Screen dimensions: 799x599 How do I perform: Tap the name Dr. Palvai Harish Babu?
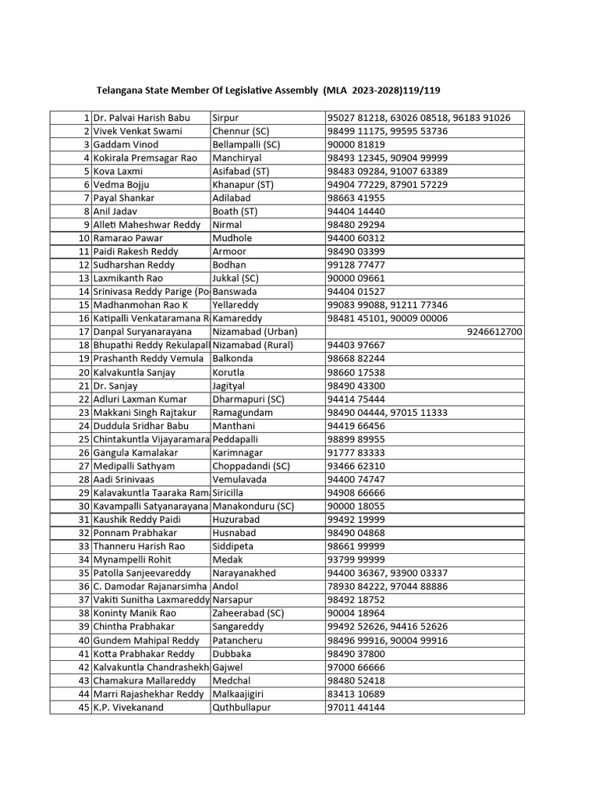click(141, 118)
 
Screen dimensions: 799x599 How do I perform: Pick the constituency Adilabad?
click(234, 198)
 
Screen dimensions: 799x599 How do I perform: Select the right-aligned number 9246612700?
click(494, 332)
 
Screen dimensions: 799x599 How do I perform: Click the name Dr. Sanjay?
click(115, 385)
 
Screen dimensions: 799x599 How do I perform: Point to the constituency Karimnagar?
click(238, 453)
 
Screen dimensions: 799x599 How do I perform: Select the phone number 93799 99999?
click(356, 559)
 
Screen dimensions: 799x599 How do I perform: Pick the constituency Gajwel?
click(229, 666)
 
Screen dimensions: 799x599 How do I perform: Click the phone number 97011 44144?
click(356, 707)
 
